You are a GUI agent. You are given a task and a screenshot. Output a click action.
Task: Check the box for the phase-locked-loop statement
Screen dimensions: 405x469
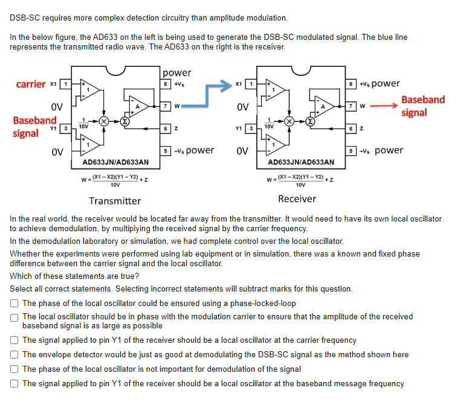[x=15, y=304]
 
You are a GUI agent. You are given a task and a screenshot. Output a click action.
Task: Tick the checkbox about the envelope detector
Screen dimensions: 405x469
[x=15, y=355]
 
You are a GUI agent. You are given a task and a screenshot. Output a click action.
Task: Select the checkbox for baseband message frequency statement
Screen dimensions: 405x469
[x=15, y=384]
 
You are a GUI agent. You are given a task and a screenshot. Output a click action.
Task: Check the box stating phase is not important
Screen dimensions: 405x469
[x=15, y=369]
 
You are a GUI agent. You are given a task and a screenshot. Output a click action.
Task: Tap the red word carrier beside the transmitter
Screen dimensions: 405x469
[x=31, y=84]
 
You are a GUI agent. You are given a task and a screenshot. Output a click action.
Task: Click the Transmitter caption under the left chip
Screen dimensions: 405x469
[x=115, y=201]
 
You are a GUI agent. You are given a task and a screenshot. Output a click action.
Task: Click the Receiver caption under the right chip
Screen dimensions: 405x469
[x=297, y=199]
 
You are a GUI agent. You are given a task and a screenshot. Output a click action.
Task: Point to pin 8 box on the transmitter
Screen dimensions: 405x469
[x=166, y=84]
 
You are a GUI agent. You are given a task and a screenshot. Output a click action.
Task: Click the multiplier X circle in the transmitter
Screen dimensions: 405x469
[x=104, y=121]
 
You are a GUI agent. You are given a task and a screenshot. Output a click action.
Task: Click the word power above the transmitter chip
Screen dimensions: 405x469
[x=177, y=73]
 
